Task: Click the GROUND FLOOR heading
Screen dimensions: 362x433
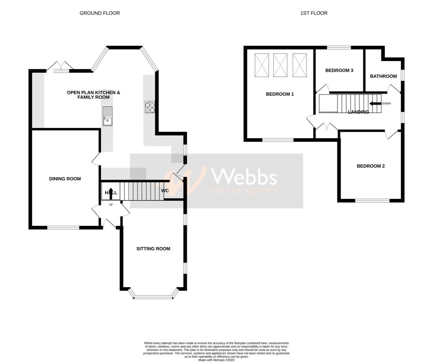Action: [100, 13]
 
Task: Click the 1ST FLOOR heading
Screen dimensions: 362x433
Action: [314, 13]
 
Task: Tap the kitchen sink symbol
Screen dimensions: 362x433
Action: [108, 116]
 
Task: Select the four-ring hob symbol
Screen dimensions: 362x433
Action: [150, 107]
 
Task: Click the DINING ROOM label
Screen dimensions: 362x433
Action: [65, 179]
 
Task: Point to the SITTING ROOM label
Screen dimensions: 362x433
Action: [153, 249]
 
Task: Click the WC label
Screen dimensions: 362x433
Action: [165, 191]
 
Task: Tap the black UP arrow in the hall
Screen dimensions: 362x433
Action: [111, 193]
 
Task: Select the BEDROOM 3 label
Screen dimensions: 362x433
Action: [339, 70]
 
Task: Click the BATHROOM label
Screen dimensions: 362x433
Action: [383, 76]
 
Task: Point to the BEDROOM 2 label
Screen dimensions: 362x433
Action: [370, 166]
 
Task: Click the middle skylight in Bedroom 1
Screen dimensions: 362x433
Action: [280, 65]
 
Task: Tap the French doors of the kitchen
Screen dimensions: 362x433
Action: [60, 66]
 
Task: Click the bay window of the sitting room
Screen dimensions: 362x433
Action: [153, 296]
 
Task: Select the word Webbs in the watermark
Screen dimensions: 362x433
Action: [244, 177]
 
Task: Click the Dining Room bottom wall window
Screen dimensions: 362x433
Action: [63, 228]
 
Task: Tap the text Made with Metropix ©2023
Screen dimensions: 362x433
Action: [216, 360]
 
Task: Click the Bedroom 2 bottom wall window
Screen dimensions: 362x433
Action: [372, 201]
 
